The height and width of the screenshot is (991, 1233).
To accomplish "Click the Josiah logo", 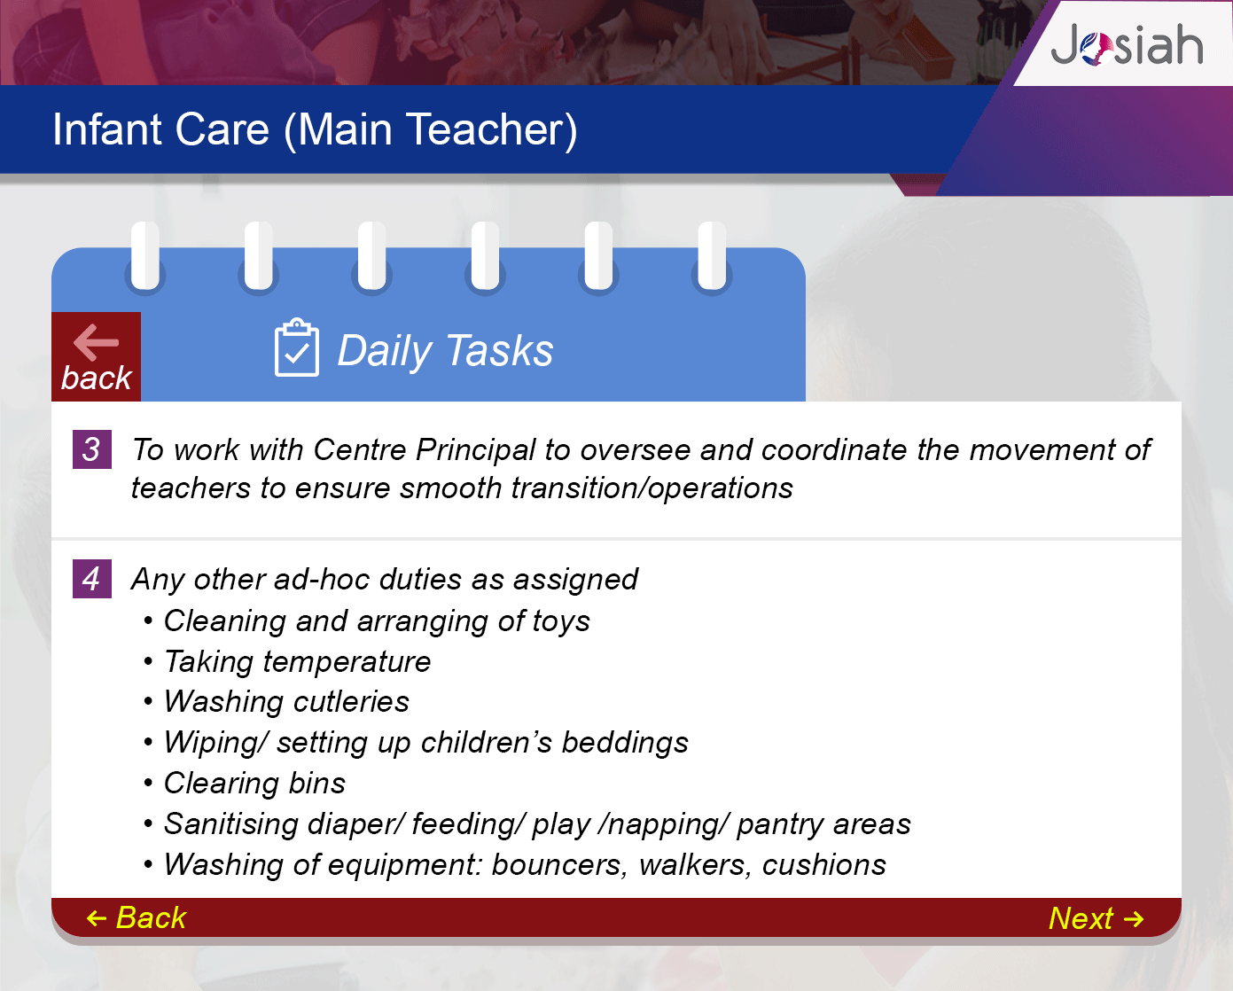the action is coord(1127,44).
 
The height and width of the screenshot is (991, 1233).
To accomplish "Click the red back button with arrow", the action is coord(97,356).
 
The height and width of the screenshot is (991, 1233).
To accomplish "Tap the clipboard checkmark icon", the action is coord(296,347).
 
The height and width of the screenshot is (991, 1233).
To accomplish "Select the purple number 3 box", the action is coord(91,449).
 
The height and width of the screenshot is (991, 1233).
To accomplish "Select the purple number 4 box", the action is coord(91,579).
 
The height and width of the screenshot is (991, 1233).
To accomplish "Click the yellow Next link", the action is coord(1096,918).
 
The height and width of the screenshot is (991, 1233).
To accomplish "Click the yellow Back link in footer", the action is coord(137,917).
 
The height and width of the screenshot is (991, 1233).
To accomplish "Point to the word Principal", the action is coord(475,450).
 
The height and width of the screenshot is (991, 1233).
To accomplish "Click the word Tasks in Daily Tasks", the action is coord(500,350).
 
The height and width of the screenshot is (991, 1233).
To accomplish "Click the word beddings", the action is coord(625,744).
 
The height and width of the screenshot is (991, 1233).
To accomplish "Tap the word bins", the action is coord(316,783).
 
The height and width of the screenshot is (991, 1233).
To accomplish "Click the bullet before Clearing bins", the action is coord(148,783).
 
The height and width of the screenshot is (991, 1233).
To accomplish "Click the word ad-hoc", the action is coord(322,579).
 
